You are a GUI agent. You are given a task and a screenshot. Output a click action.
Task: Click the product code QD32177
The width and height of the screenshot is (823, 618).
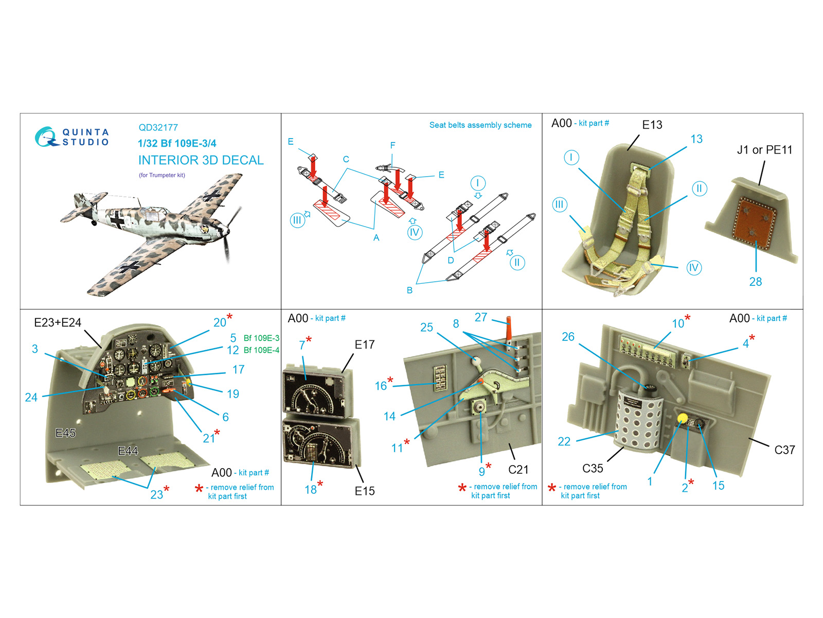pos(158,128)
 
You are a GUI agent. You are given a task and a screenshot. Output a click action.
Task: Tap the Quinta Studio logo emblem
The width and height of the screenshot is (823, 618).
pos(46,137)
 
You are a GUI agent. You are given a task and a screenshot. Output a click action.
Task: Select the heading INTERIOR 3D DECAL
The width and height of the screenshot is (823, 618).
pos(201,160)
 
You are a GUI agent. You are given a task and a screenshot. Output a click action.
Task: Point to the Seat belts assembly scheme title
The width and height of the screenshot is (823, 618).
pos(480,125)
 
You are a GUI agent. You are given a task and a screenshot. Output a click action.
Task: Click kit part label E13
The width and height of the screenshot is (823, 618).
pos(652,125)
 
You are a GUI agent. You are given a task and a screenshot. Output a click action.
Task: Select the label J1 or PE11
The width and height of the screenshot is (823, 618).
pos(764,150)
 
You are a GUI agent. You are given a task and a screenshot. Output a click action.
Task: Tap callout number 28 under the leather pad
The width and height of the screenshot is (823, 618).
pos(756,281)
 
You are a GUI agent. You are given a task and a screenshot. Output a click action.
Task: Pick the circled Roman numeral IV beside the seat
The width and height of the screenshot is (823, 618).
pos(694,268)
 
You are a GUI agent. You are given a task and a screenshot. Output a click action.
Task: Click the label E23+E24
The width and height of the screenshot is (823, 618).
pos(58,322)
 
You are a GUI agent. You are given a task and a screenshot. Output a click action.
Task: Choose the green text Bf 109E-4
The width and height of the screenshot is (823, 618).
pos(261,350)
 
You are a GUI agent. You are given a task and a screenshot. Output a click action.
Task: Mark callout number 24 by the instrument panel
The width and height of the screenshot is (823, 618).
pos(31,398)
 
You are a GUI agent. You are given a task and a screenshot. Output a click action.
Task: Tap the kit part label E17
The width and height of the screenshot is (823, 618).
pos(365,345)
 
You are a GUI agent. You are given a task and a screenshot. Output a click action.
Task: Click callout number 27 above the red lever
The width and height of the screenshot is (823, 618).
pos(480,317)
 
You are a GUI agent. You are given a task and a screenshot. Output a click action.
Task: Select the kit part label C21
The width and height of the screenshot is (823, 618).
pos(518,469)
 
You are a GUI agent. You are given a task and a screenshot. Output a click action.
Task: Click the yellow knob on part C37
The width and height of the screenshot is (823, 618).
pos(683,418)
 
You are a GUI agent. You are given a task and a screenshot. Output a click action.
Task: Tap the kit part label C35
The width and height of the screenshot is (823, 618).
pos(593,468)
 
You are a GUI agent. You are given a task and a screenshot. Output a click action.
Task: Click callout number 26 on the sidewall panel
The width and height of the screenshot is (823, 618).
pos(568,337)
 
